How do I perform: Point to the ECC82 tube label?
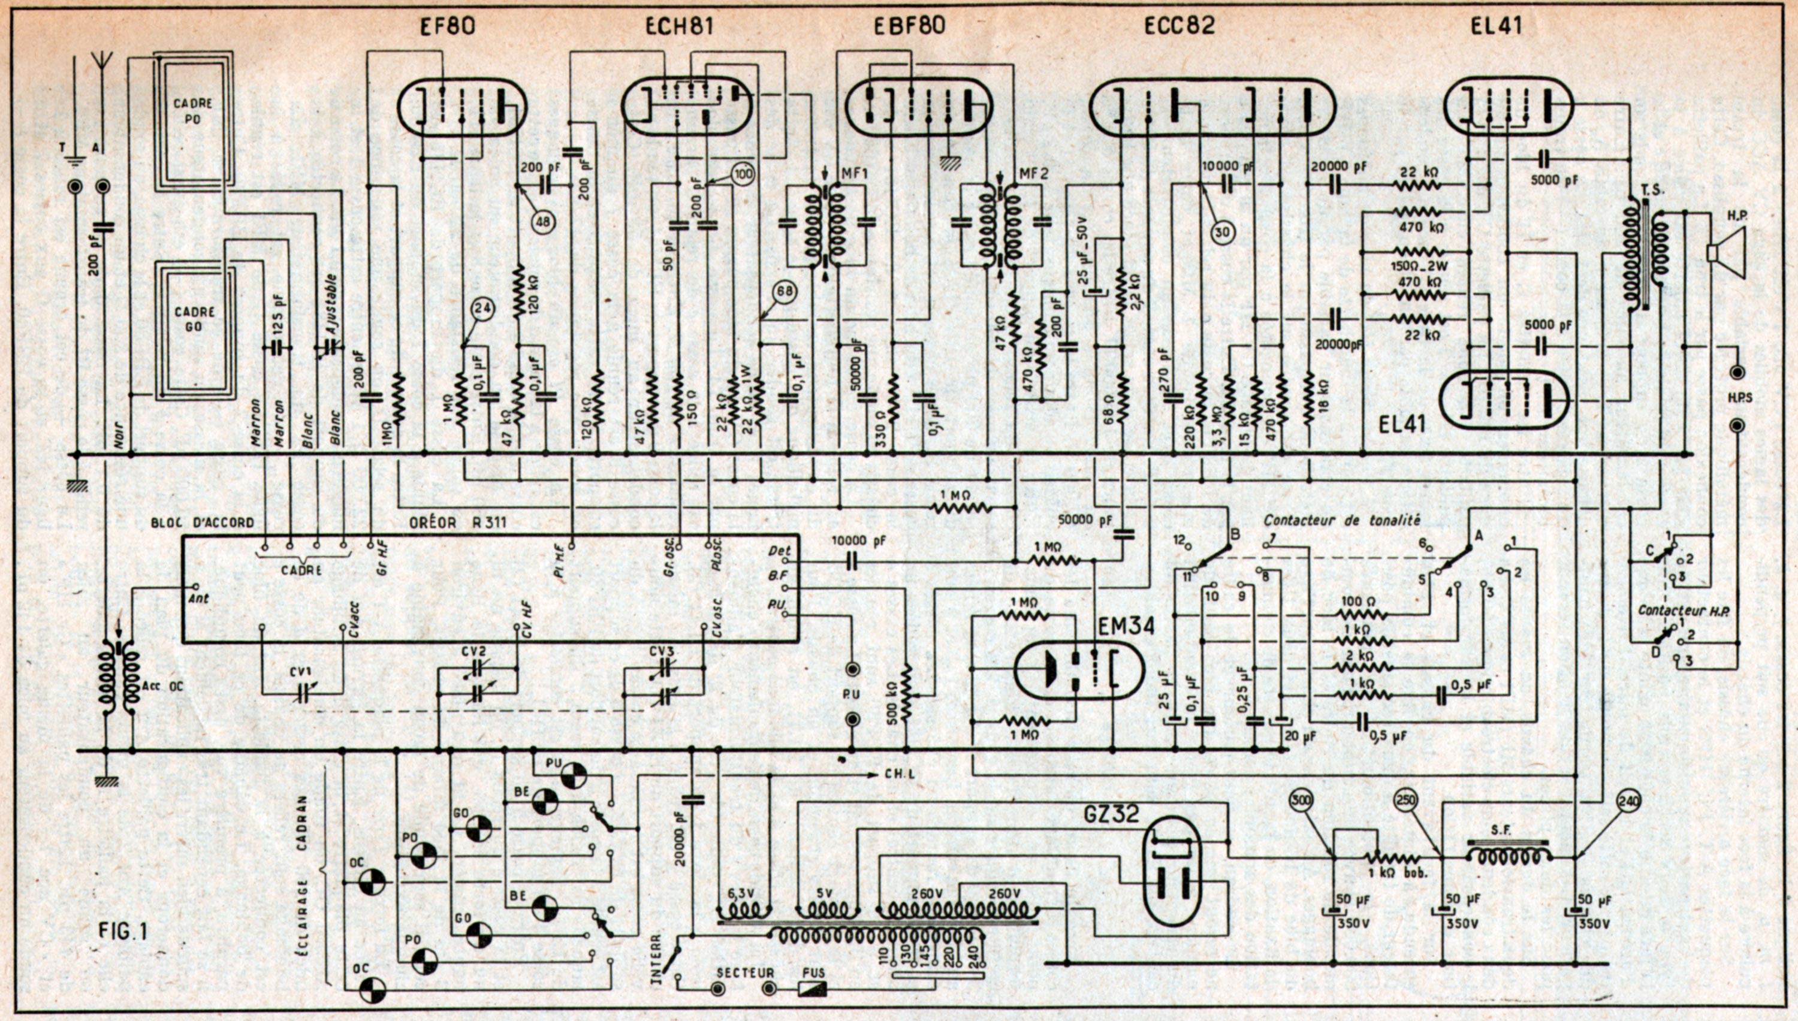point(1179,26)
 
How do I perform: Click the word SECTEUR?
point(745,973)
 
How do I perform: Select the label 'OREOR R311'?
point(458,522)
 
